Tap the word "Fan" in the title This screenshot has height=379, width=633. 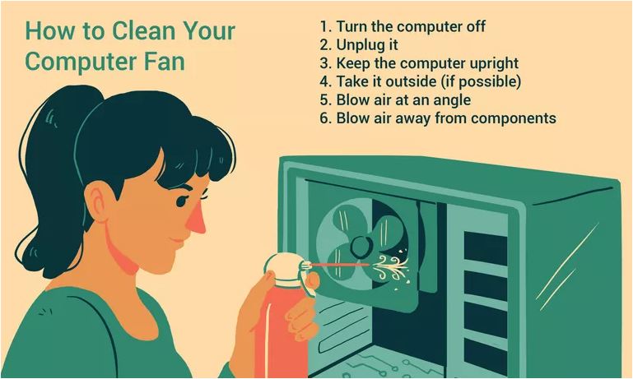point(165,62)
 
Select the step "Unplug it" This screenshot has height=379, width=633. point(359,45)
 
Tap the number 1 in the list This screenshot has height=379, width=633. point(325,26)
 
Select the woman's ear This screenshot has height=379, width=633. point(99,201)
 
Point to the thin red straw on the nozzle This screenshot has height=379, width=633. point(340,265)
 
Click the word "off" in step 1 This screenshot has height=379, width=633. point(477,26)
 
